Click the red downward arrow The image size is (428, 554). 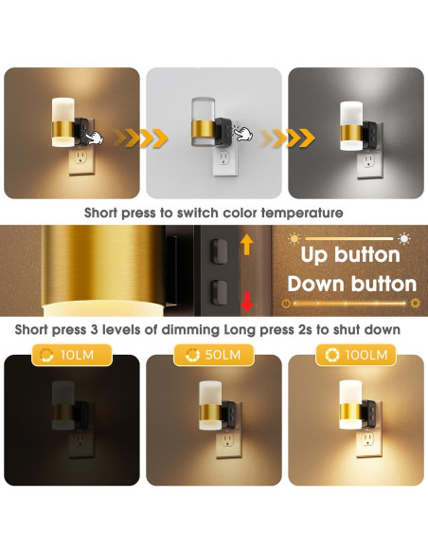[x=247, y=302]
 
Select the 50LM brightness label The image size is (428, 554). [x=213, y=355]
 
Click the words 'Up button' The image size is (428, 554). [x=350, y=254]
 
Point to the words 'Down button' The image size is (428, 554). [x=351, y=284]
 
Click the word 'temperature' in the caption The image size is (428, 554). [x=297, y=212]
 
